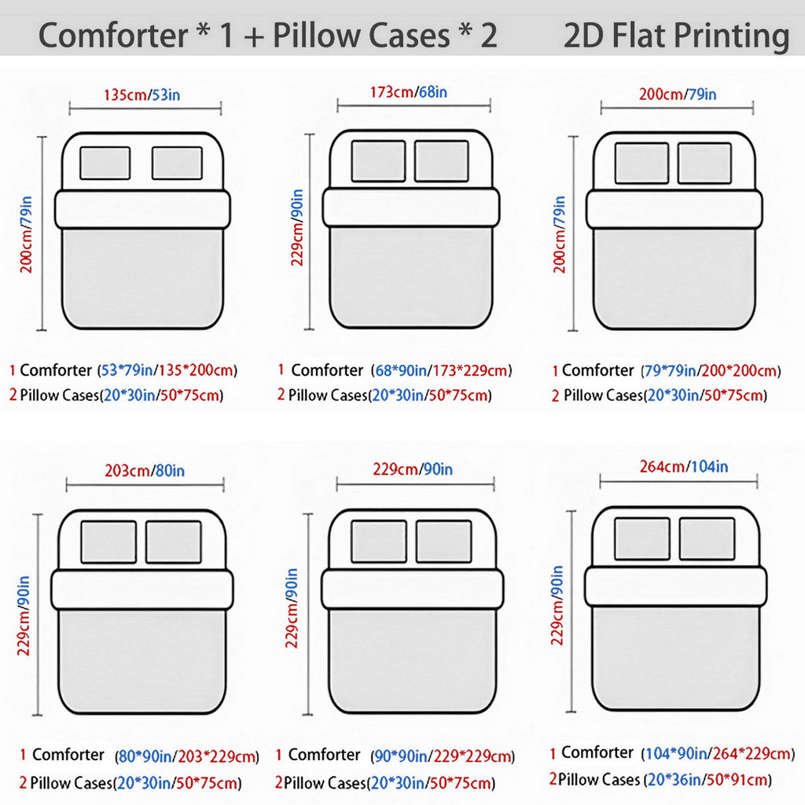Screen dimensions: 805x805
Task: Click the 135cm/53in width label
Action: click(142, 95)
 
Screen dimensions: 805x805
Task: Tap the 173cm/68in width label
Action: click(409, 93)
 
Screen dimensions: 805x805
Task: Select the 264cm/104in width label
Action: click(683, 467)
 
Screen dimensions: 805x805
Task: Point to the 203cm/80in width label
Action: click(145, 471)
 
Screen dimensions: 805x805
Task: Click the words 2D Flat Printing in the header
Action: click(677, 35)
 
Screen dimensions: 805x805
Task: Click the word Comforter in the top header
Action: click(113, 35)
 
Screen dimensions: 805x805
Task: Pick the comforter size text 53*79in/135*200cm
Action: click(167, 370)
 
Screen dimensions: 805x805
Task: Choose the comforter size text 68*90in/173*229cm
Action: click(442, 370)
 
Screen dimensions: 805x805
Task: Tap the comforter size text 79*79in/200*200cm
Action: click(711, 371)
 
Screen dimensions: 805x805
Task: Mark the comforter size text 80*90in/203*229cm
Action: click(187, 756)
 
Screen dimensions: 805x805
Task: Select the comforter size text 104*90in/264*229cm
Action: click(718, 753)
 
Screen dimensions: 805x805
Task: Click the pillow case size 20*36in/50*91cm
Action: click(708, 780)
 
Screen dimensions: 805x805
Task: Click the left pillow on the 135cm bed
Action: click(105, 164)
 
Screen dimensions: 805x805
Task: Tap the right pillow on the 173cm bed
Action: click(442, 161)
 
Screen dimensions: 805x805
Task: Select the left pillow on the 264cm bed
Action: click(642, 539)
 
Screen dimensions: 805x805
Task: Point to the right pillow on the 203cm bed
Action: click(174, 542)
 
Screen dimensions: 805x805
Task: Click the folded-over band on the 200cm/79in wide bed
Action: click(675, 209)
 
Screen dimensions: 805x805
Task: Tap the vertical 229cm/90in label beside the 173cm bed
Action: click(297, 227)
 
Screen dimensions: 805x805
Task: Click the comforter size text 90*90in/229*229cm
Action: click(443, 756)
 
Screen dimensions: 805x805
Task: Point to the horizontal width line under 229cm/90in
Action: click(415, 483)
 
